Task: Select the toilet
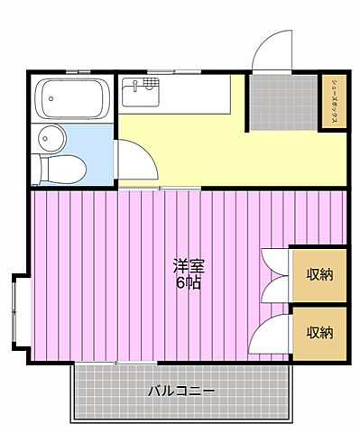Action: [66, 168]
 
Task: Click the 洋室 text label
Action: [188, 266]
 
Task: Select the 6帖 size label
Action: [188, 283]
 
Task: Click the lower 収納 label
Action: [319, 332]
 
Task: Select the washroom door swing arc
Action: [133, 165]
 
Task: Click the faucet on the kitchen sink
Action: [135, 86]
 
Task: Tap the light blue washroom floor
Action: [95, 144]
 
